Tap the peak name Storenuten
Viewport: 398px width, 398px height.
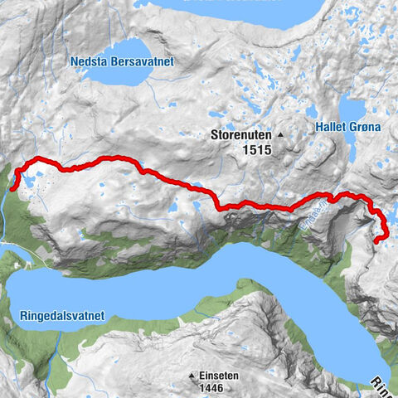242,135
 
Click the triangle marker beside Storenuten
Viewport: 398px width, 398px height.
280,135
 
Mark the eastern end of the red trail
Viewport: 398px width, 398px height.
376,240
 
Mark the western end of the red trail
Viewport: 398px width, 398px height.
13,188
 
